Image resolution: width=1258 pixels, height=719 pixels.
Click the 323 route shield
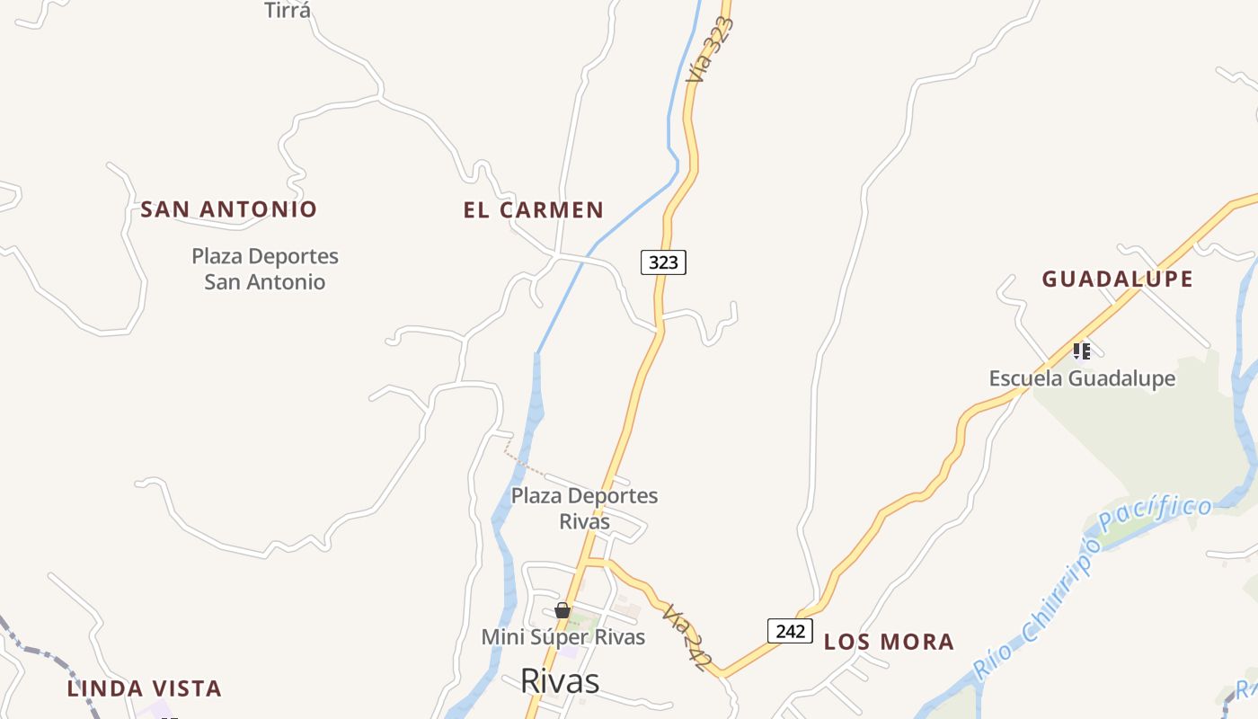click(x=663, y=262)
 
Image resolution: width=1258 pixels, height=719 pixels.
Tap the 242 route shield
click(x=790, y=631)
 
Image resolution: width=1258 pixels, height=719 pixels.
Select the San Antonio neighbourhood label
click(x=229, y=209)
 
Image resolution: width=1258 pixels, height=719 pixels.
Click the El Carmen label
click(x=534, y=210)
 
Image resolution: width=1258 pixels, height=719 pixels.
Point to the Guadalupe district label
click(x=1118, y=280)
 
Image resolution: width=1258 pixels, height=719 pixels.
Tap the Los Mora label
click(x=889, y=642)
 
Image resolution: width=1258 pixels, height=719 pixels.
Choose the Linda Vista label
click(x=145, y=689)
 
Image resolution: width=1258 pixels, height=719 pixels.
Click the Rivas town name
click(x=560, y=681)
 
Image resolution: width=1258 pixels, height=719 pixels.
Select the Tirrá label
click(x=288, y=11)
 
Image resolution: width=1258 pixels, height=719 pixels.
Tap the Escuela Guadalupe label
click(x=1082, y=378)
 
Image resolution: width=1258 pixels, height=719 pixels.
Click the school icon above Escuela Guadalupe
click(x=1082, y=351)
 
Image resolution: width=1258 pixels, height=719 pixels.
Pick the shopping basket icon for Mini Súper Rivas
click(x=563, y=611)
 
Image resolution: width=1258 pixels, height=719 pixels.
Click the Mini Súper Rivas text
click(x=563, y=637)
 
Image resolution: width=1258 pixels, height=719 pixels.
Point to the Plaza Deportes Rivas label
click(x=584, y=508)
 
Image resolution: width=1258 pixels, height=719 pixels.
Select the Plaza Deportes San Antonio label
click(x=265, y=269)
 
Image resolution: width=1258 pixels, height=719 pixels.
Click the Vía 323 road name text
click(x=711, y=49)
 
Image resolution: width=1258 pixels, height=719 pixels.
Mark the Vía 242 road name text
click(x=684, y=637)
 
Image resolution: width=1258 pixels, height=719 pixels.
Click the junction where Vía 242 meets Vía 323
click(x=587, y=563)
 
